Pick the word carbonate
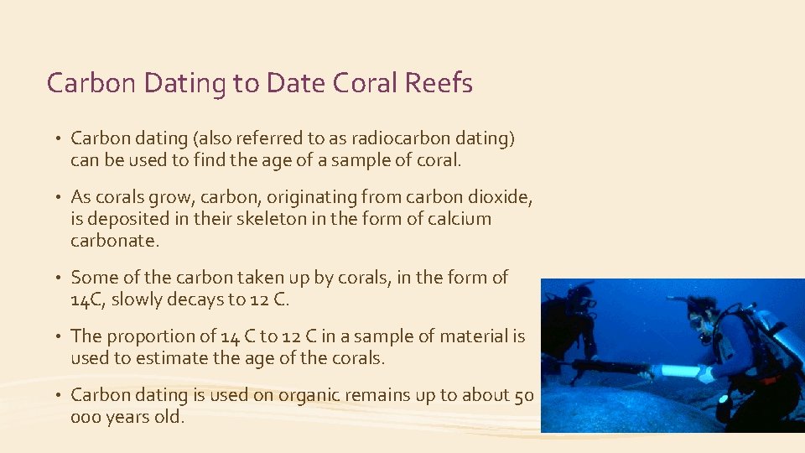point(115,241)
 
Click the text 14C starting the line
point(87,299)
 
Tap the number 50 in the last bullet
point(524,394)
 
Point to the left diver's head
point(579,294)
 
